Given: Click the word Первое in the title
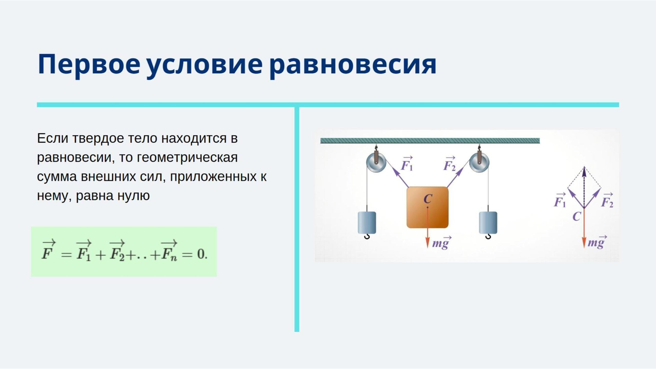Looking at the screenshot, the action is [x=89, y=65].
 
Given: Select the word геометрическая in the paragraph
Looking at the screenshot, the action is [x=187, y=158].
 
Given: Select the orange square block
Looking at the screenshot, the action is [x=427, y=207].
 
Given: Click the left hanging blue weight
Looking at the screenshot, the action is [x=367, y=222].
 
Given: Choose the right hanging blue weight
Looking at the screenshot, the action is [x=488, y=222].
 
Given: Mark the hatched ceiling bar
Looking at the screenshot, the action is [x=430, y=140].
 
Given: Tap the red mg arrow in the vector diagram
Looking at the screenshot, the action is [x=584, y=228].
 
